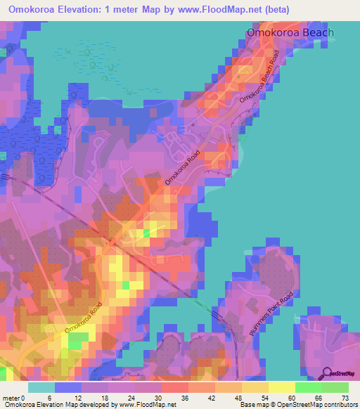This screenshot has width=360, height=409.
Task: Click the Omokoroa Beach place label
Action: pos(290,32)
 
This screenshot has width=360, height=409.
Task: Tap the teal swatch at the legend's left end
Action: pos(41,387)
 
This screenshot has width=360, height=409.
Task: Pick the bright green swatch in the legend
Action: pos(308,387)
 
